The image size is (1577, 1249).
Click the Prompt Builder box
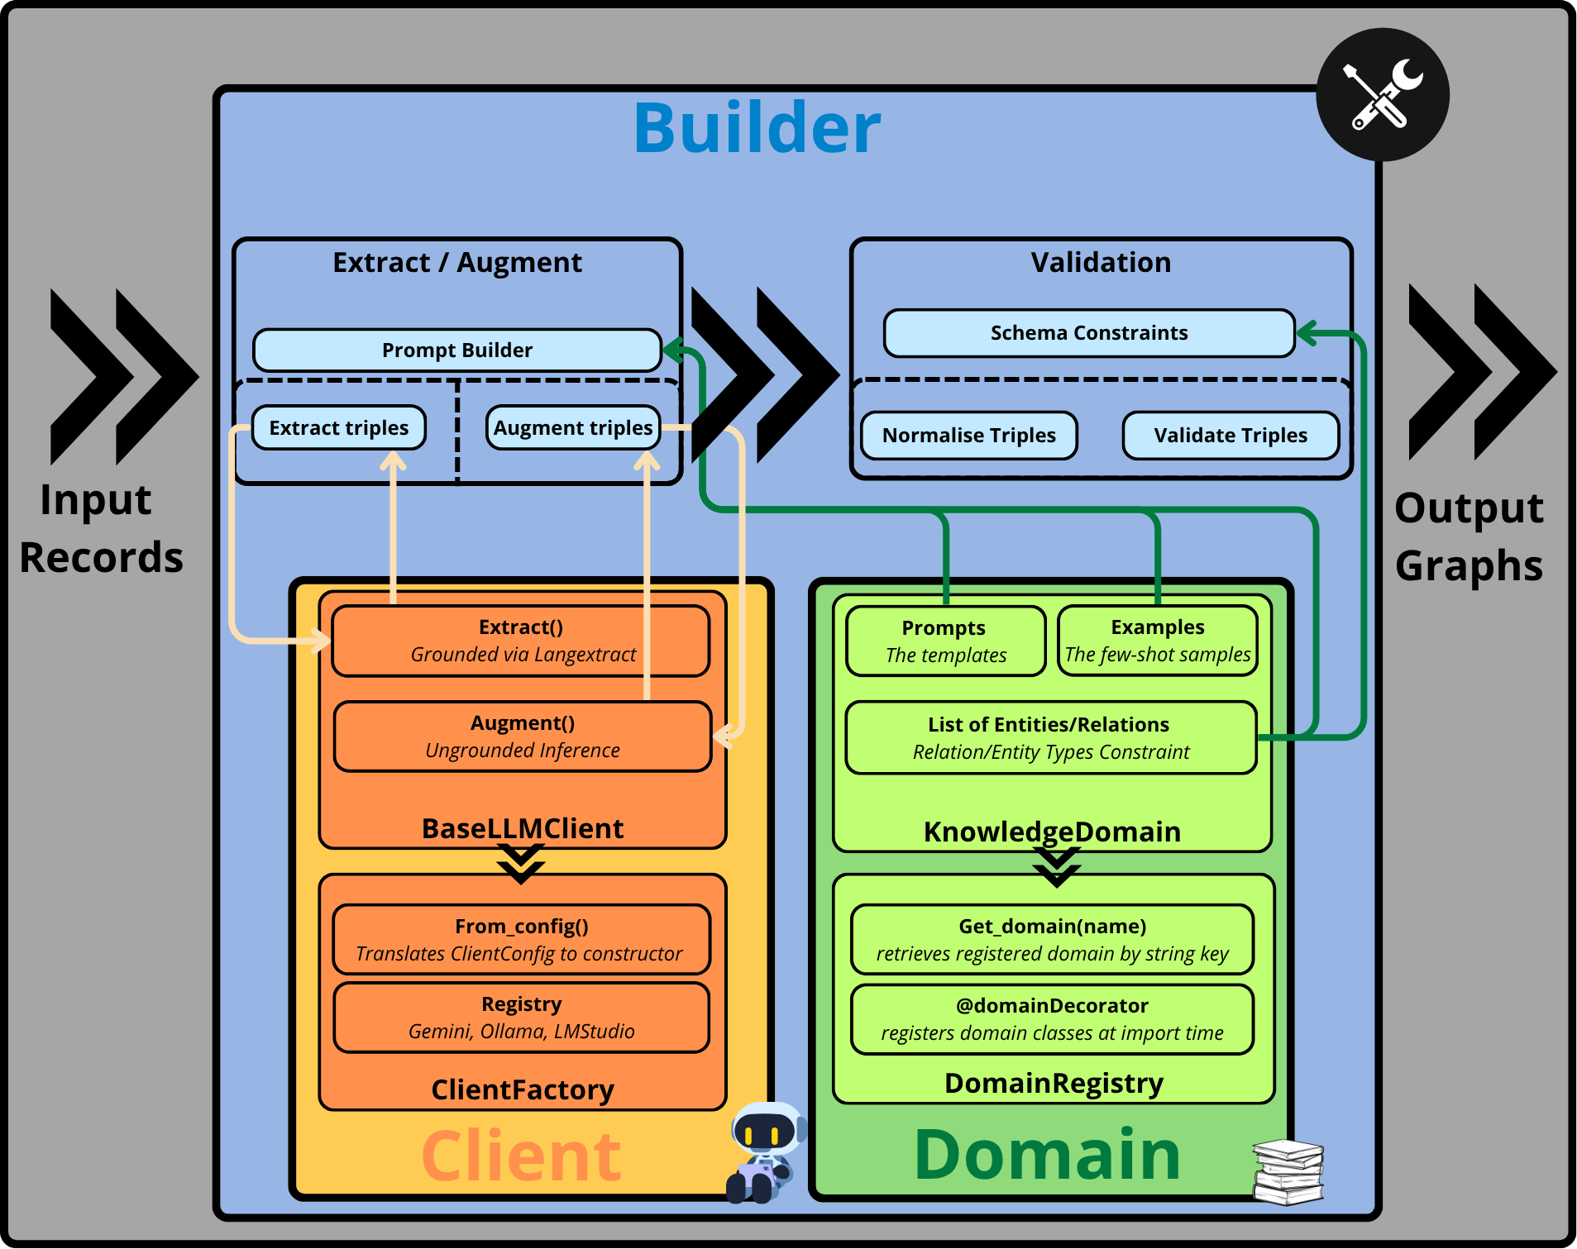coord(457,350)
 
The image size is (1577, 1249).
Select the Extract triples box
coord(339,427)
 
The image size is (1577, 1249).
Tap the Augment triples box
coord(573,427)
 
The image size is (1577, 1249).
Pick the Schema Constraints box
coord(1089,333)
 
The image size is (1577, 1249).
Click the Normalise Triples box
coord(969,436)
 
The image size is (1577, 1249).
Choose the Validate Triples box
coord(1231,436)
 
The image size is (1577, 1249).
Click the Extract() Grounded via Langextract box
coord(521,641)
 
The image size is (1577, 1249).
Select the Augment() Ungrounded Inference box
coord(523,737)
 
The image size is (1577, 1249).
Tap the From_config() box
coord(522,940)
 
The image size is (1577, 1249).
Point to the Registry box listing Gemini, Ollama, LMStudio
coord(522,1018)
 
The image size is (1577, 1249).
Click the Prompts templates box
coord(946,641)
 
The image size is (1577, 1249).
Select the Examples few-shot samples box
coord(1158,641)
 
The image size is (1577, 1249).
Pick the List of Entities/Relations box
coord(1051,737)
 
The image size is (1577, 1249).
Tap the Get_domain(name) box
coord(1053,940)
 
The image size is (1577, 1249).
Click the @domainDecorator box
coord(1053,1019)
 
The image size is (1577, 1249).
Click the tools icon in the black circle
coord(1383,95)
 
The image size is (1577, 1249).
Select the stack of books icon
coord(1288,1172)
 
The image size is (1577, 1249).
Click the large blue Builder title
coord(757,128)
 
